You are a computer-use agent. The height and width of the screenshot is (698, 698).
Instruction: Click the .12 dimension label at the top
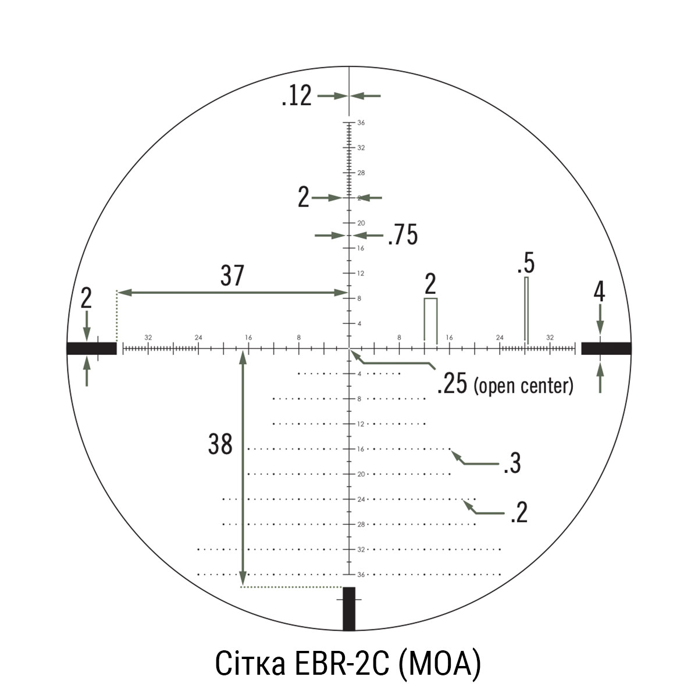click(297, 96)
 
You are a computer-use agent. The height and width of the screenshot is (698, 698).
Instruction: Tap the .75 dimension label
click(403, 235)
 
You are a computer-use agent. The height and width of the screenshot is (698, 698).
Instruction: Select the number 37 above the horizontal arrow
click(232, 276)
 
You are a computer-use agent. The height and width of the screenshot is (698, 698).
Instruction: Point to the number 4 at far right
click(599, 293)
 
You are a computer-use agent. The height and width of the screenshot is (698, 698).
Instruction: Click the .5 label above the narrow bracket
click(526, 263)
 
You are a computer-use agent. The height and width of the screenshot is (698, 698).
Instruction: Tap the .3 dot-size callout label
click(512, 463)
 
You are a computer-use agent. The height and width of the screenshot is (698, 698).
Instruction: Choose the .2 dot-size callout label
click(519, 512)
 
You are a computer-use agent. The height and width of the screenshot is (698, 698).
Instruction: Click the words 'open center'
click(523, 386)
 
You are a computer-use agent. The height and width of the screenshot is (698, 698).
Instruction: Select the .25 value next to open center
click(452, 384)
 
